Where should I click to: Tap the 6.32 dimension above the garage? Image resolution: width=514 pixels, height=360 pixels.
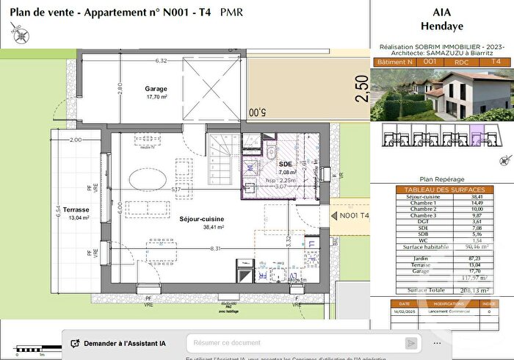[x=161, y=61]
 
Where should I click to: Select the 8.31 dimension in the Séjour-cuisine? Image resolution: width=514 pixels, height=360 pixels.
[x=214, y=249]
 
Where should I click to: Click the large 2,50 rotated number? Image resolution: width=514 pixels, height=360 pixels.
[x=360, y=90]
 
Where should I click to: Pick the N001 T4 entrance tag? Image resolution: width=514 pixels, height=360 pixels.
[x=352, y=216]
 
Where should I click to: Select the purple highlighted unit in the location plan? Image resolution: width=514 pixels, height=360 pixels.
[x=476, y=135]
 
